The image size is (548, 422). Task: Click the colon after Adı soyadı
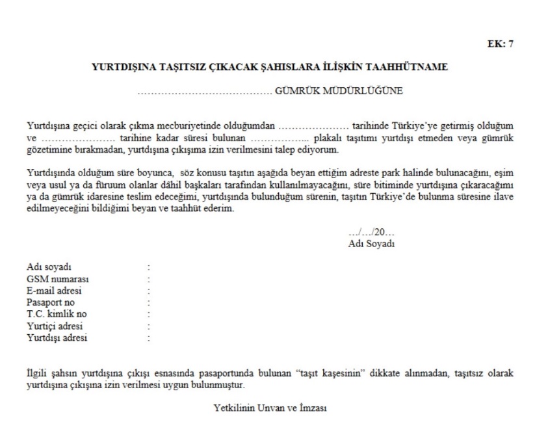click(x=149, y=267)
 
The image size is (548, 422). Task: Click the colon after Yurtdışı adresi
click(x=149, y=337)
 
